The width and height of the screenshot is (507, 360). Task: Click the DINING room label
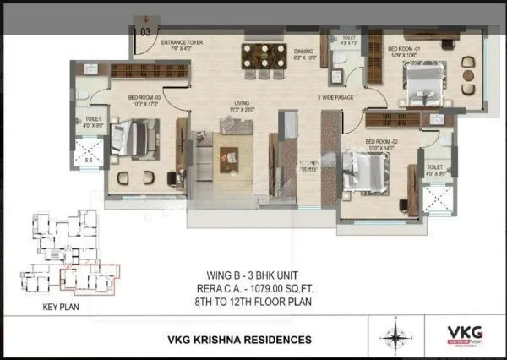tap(303, 51)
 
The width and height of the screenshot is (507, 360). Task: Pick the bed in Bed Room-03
tap(135, 138)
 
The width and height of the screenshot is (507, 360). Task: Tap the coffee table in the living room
tap(230, 156)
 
